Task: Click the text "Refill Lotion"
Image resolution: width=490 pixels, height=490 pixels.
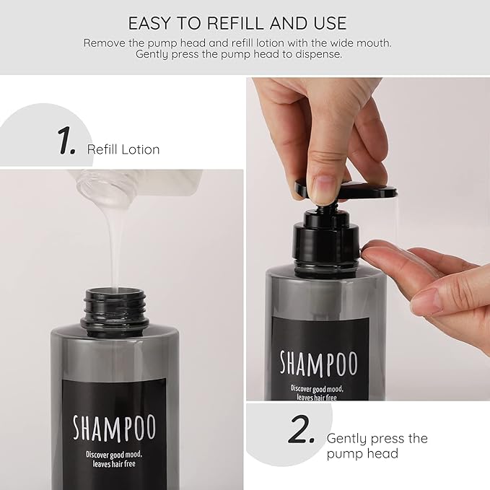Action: tap(123, 149)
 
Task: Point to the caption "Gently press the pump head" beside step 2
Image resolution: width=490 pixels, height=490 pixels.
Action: tap(377, 446)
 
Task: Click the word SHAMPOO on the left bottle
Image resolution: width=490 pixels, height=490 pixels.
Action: tap(114, 426)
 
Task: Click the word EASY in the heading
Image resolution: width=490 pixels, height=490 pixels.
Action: tap(152, 22)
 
